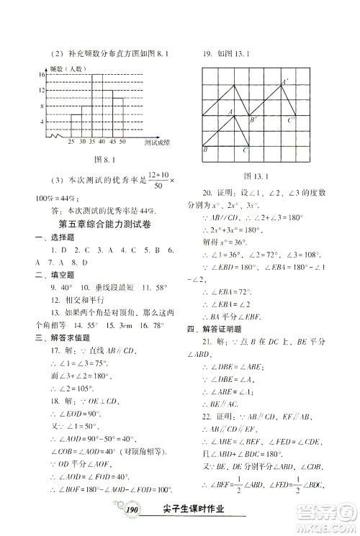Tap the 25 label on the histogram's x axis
71,142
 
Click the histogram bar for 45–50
117,115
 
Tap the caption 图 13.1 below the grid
257,176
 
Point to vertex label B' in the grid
253,121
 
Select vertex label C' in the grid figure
292,121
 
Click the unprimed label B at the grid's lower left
207,150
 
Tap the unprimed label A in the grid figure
230,112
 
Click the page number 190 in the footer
132,509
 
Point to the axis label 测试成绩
156,143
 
